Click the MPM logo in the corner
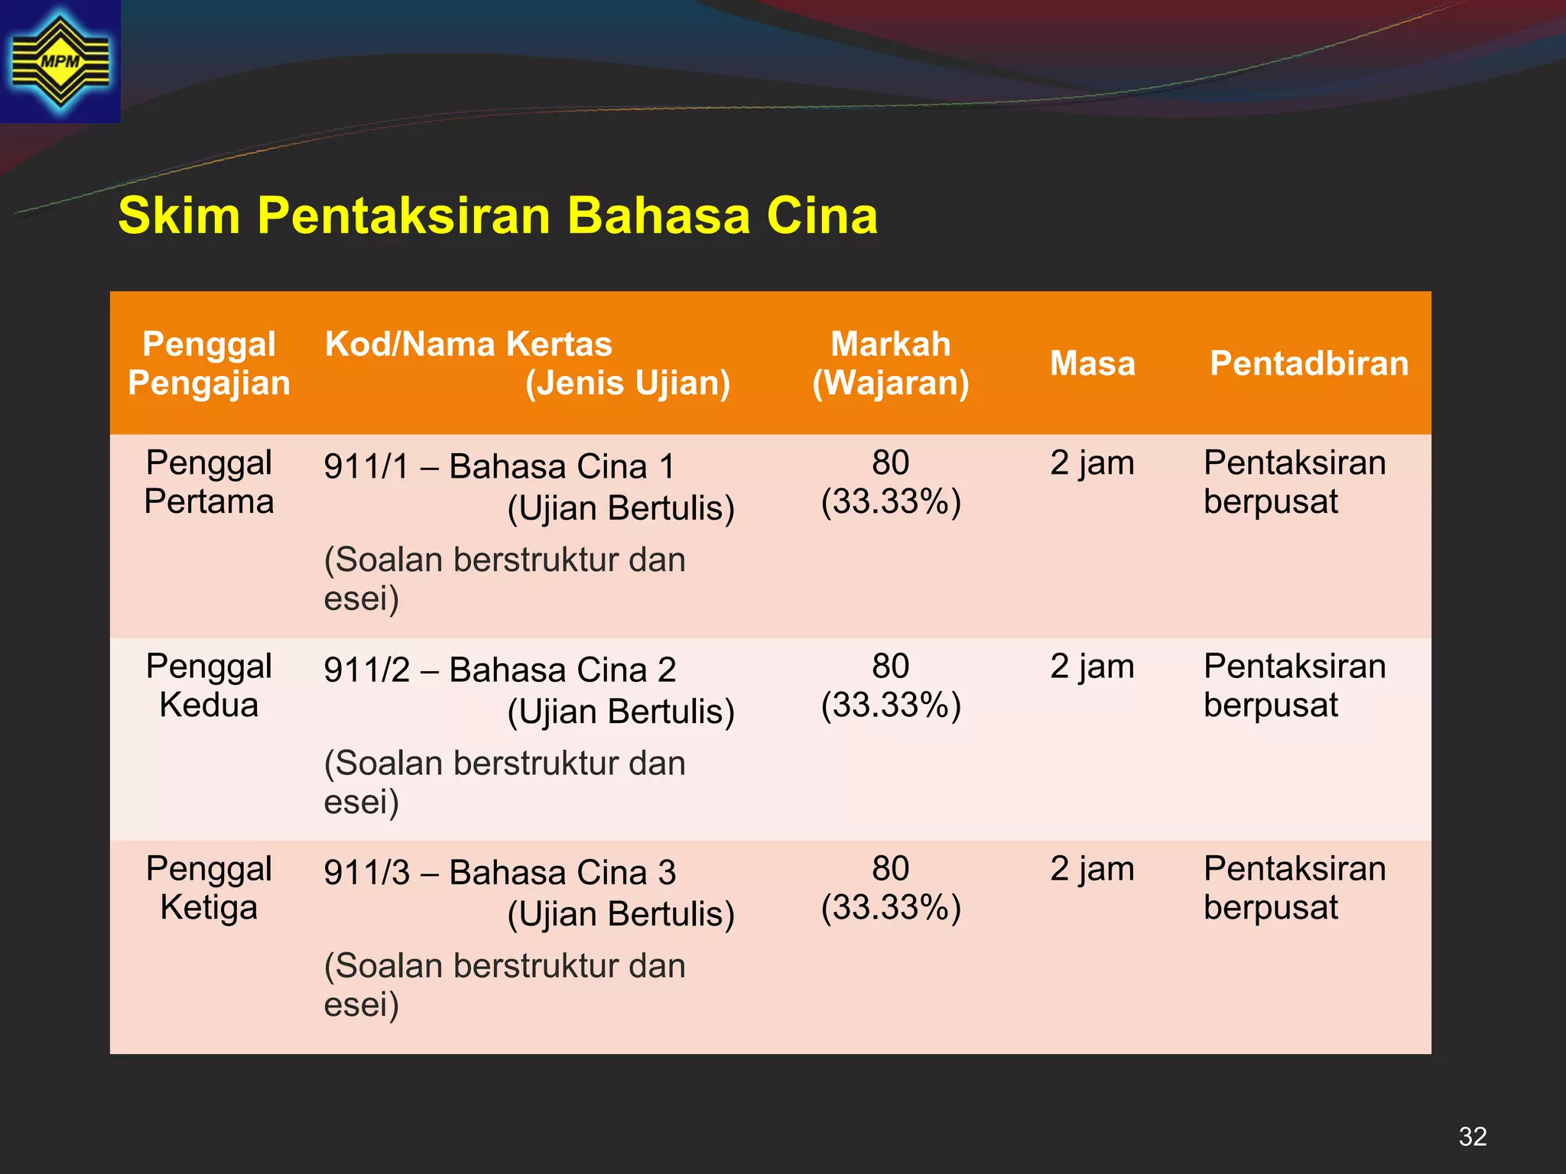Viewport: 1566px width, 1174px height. (60, 61)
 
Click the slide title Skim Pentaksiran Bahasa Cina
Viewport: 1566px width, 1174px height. (498, 216)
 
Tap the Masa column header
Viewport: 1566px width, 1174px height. (1092, 364)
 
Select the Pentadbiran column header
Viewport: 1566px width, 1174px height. (1309, 364)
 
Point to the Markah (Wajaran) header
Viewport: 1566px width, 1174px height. (891, 364)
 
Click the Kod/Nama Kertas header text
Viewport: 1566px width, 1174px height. (468, 345)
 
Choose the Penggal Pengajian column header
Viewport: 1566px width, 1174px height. (209, 364)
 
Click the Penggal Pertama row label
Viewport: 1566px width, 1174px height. (209, 482)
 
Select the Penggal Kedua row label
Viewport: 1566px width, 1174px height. (209, 686)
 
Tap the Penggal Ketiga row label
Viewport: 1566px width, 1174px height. (209, 888)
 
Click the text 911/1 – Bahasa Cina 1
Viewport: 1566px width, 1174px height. (499, 466)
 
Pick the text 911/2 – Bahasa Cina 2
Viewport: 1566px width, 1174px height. (499, 670)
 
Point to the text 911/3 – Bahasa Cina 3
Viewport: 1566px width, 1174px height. (499, 872)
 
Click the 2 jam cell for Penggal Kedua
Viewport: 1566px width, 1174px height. (1092, 666)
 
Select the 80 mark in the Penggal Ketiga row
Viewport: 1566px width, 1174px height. (891, 869)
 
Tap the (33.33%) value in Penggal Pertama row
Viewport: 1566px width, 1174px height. (891, 502)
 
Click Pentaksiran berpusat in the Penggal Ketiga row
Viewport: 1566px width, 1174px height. (1294, 888)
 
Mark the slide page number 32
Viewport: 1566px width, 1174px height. (1473, 1137)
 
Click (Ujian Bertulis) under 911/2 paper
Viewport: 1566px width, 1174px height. (621, 712)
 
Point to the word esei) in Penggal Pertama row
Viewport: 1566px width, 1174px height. (362, 598)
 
